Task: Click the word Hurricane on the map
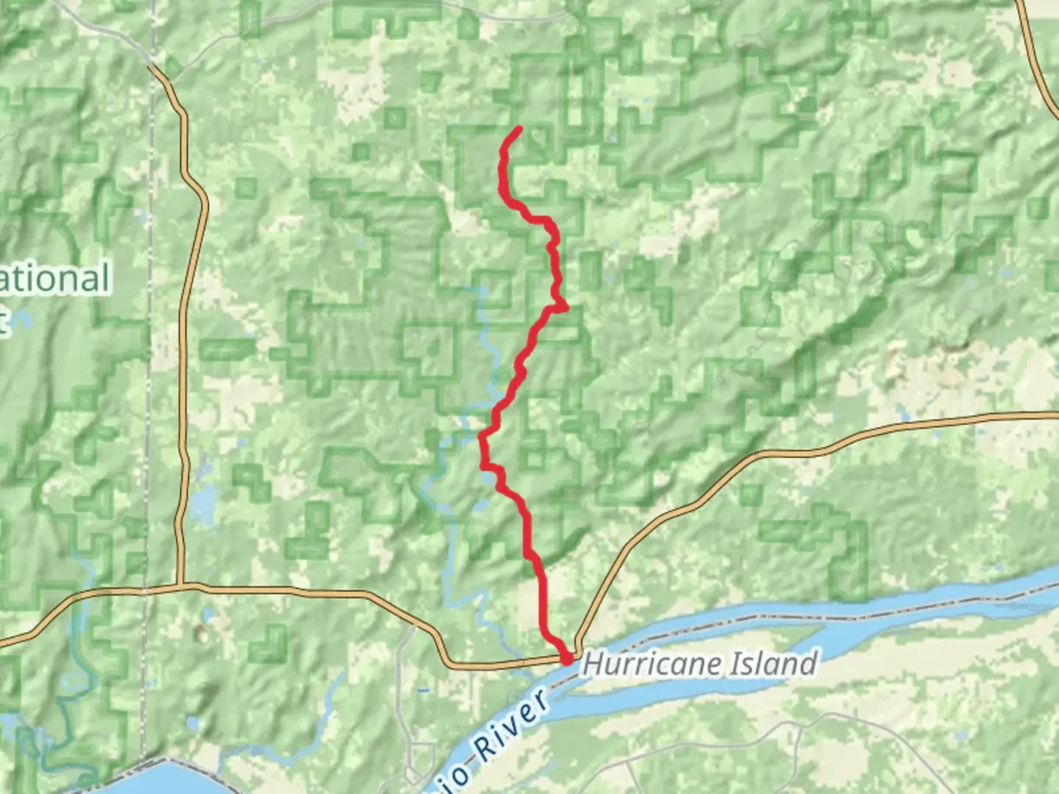(x=651, y=664)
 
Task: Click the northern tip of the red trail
(x=519, y=129)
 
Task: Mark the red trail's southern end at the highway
(x=567, y=660)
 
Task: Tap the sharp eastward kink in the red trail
(x=563, y=307)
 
